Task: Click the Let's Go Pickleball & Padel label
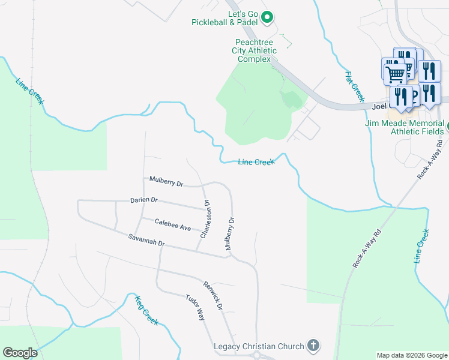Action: [x=225, y=18]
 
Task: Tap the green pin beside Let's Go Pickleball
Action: [x=268, y=17]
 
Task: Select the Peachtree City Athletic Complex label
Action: [x=256, y=50]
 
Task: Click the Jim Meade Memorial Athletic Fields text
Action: [x=403, y=127]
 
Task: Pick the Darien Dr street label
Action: [x=144, y=200]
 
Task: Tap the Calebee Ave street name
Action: [x=173, y=224]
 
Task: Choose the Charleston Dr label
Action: [x=205, y=218]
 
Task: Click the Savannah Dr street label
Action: [x=146, y=240]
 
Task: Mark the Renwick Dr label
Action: [x=212, y=295]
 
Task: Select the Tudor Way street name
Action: [x=195, y=307]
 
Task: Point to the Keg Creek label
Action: [x=146, y=310]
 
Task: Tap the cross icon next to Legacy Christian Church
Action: [x=312, y=346]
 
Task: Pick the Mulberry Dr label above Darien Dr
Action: [x=166, y=181]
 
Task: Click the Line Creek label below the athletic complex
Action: [x=256, y=162]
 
